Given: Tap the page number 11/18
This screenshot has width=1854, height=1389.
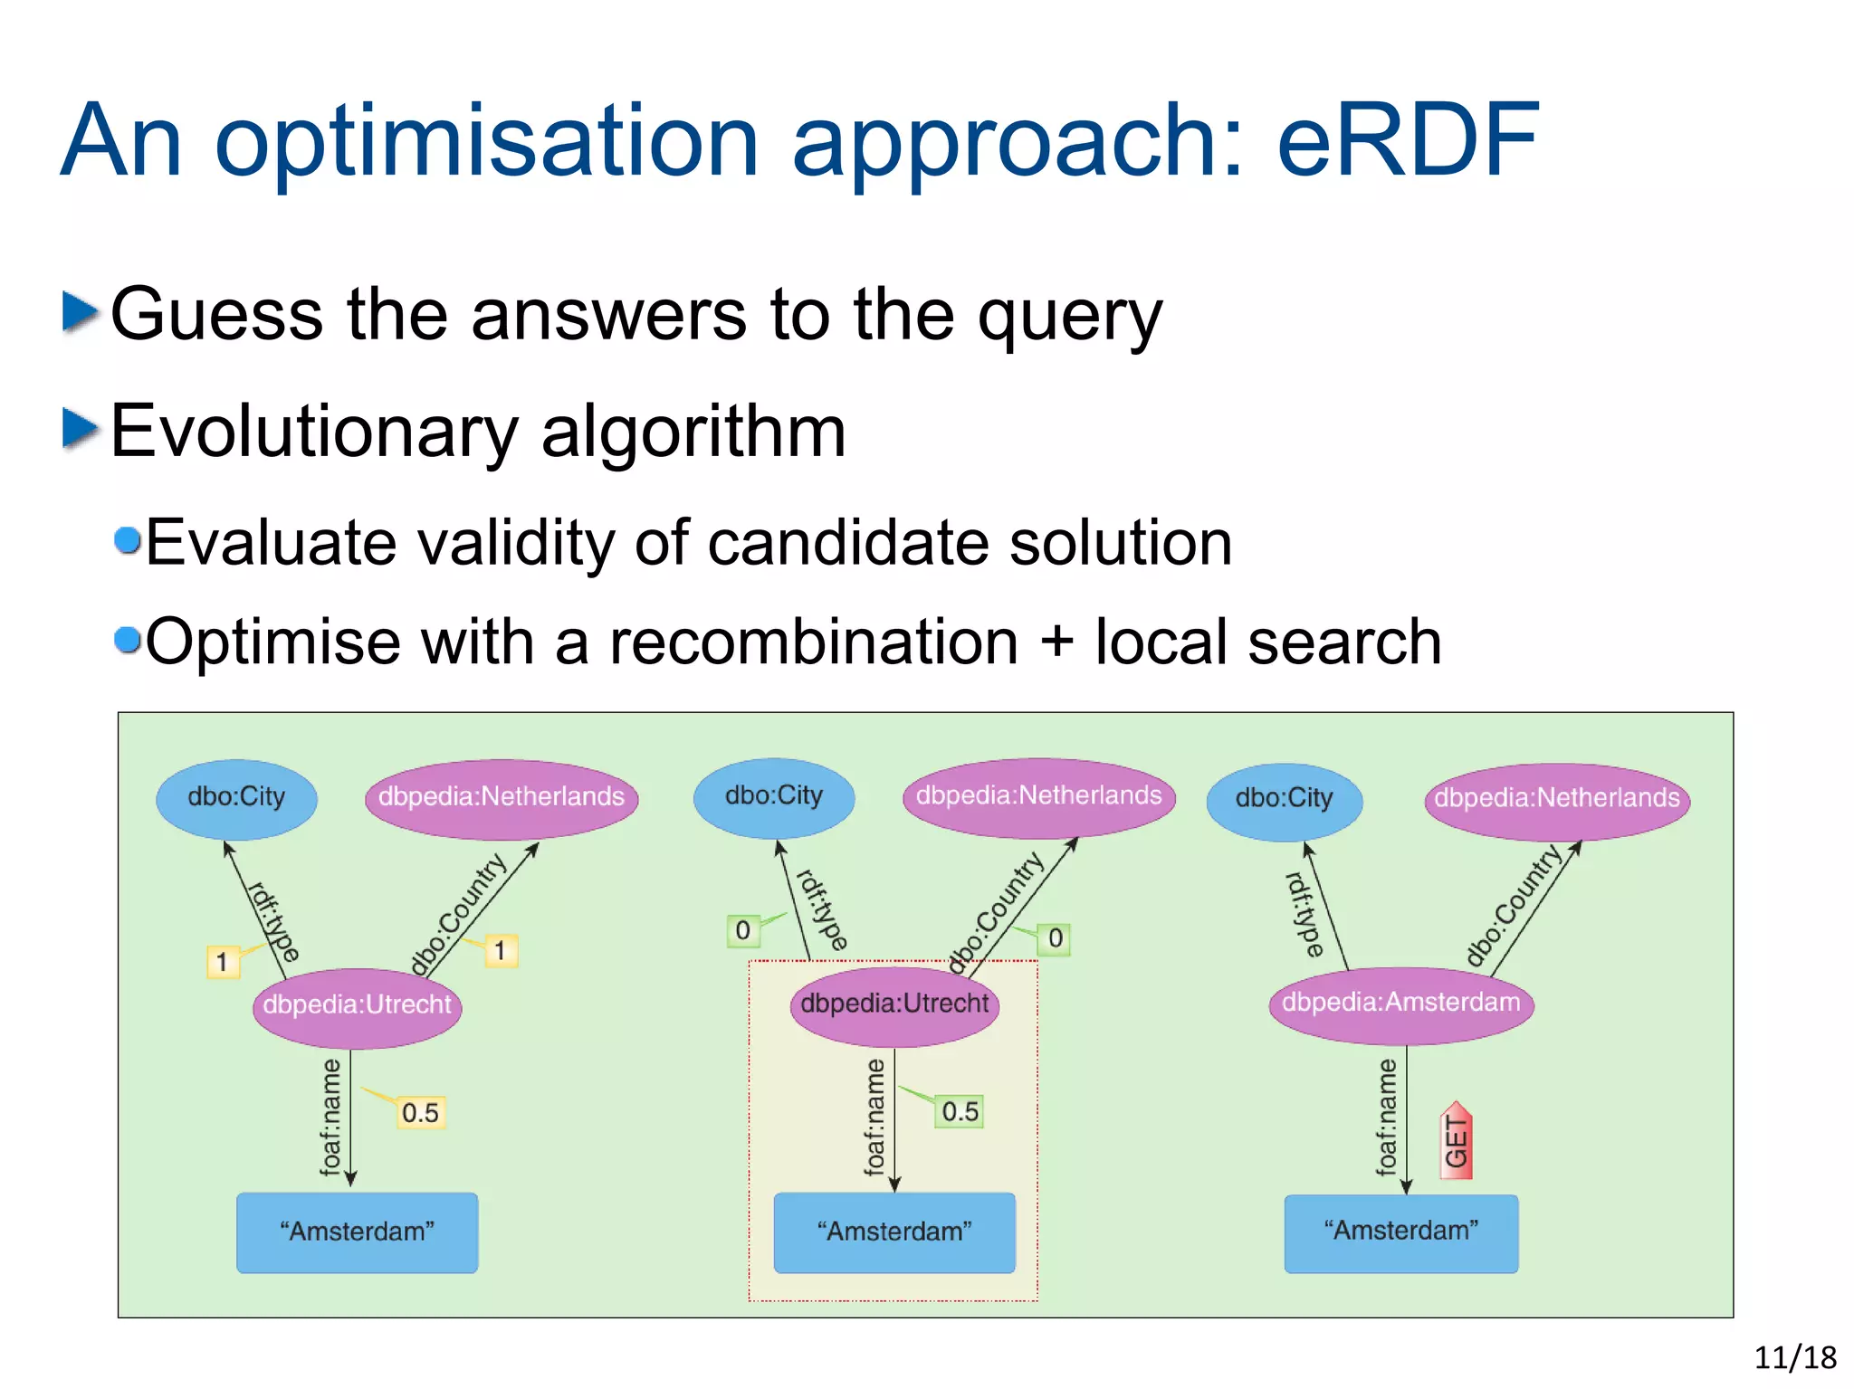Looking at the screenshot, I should point(1794,1356).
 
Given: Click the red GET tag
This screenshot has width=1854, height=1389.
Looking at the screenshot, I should point(1456,1142).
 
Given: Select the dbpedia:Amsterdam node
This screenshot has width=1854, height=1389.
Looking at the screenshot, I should point(1400,1003).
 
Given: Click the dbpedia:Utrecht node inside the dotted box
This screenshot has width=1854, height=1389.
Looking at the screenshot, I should point(894,1004).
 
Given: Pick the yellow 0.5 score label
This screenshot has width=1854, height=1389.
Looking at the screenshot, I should point(420,1112).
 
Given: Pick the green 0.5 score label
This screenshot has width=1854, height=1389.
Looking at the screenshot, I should point(960,1111).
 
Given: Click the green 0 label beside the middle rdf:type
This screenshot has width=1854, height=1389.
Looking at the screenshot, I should point(742,930).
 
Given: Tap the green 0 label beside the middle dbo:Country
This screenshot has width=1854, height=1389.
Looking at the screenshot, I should point(1055,938).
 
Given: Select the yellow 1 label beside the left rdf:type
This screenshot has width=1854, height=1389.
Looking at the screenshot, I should point(222,962).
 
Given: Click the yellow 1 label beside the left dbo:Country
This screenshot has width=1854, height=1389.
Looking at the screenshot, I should point(500,951).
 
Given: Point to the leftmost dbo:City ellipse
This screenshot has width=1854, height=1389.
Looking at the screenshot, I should point(236,797).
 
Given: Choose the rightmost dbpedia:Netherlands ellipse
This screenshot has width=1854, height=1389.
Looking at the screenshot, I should point(1556,798).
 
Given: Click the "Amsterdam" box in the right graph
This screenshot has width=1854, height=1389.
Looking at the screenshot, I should point(1400,1232).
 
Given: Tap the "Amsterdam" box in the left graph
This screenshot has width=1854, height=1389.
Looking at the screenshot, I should point(357,1232).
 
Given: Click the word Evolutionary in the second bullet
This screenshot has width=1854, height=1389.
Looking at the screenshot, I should point(312,433).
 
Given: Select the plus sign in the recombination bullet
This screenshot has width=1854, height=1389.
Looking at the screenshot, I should point(1056,641).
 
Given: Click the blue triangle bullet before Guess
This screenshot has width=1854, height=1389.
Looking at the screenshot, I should point(80,311).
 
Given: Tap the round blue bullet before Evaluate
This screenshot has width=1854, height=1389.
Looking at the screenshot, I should point(128,540).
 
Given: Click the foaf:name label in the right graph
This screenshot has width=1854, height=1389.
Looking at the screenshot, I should point(1386,1117).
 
